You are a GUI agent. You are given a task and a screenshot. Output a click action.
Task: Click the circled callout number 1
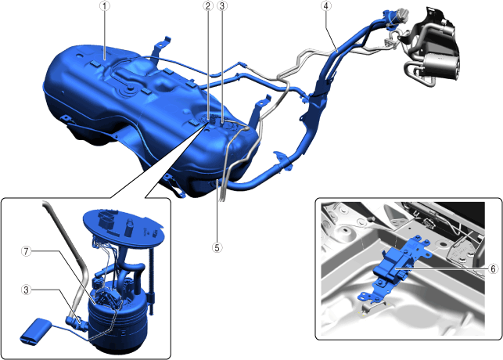click(x=105, y=6)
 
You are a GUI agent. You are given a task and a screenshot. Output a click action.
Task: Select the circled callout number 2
click(x=208, y=6)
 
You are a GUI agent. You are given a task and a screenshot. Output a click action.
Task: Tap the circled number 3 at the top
click(x=222, y=6)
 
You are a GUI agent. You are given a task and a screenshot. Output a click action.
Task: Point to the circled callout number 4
click(x=326, y=6)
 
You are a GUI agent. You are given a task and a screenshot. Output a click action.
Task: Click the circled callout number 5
click(x=217, y=247)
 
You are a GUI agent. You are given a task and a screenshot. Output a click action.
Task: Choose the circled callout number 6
click(x=493, y=269)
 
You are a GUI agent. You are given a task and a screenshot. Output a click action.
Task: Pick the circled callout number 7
click(x=27, y=251)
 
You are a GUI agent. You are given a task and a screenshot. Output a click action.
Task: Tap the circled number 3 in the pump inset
click(x=27, y=290)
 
